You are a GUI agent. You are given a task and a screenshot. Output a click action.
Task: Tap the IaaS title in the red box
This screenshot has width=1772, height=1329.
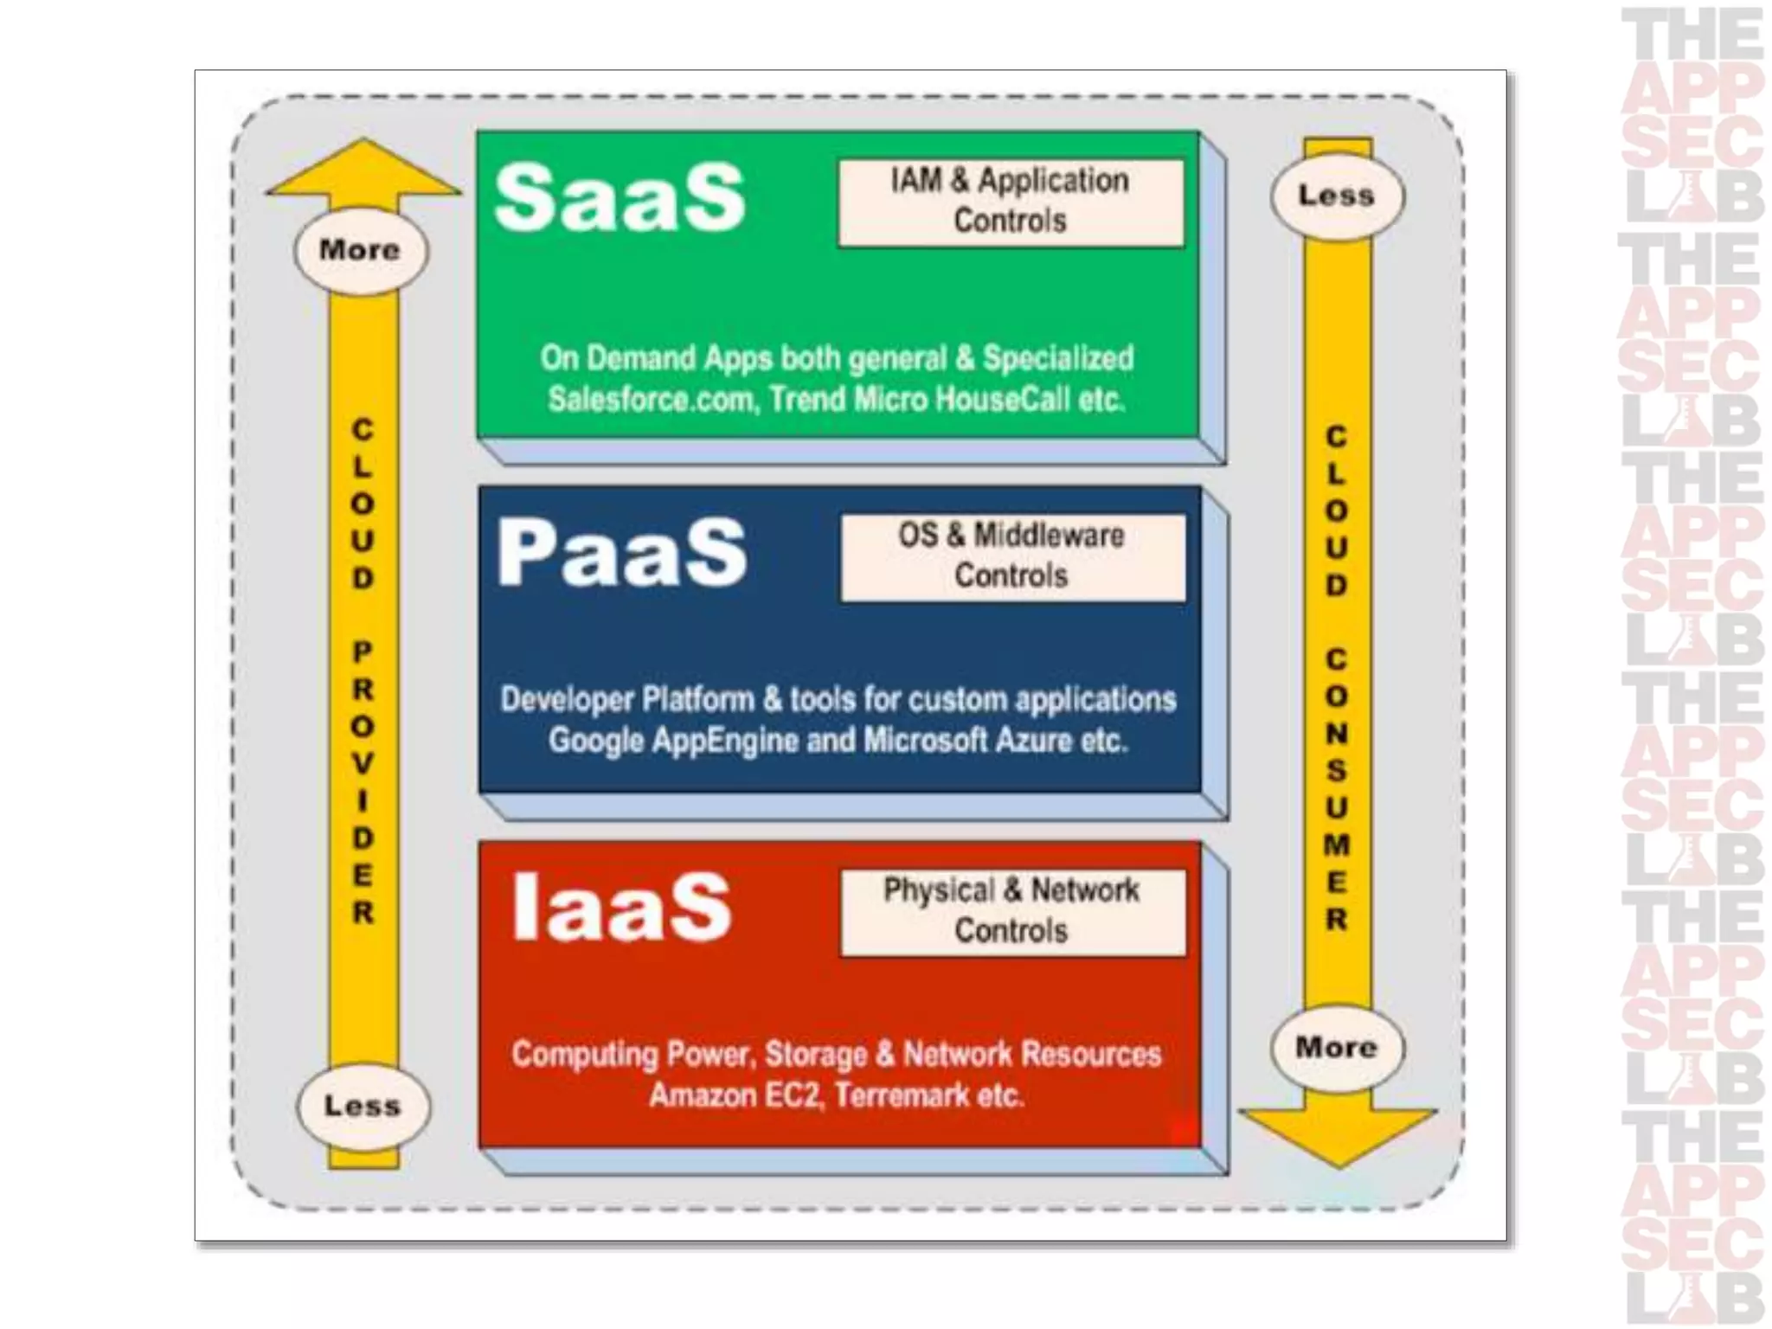pyautogui.click(x=621, y=907)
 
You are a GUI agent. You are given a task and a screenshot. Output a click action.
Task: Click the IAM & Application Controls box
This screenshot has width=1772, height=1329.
pyautogui.click(x=1011, y=202)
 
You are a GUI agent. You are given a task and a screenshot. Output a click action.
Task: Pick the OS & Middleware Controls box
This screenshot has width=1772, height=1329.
pyautogui.click(x=1012, y=556)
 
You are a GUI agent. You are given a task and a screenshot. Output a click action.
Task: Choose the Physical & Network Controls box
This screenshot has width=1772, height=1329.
pyautogui.click(x=1012, y=911)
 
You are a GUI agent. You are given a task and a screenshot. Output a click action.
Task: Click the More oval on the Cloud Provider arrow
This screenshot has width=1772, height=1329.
pyautogui.click(x=361, y=250)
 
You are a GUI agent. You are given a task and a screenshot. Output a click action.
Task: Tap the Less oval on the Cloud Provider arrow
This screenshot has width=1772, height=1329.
pyautogui.click(x=363, y=1106)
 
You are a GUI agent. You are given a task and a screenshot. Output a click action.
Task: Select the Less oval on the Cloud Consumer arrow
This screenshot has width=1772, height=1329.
pyautogui.click(x=1337, y=196)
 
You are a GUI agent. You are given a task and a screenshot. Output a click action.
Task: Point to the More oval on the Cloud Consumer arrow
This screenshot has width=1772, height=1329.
pyautogui.click(x=1337, y=1048)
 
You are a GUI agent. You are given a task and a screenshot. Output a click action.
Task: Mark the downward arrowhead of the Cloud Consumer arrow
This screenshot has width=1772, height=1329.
pyautogui.click(x=1338, y=1133)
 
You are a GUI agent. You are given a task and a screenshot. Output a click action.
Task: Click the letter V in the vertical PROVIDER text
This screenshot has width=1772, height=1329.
pyautogui.click(x=363, y=764)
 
